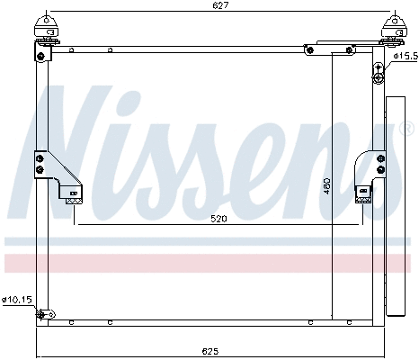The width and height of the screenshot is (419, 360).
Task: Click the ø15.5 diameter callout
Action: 406,56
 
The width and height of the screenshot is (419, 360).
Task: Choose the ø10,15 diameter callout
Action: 15,300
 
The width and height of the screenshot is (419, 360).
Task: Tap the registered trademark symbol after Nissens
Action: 406,131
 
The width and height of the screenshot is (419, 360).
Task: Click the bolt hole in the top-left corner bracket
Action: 41,57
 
